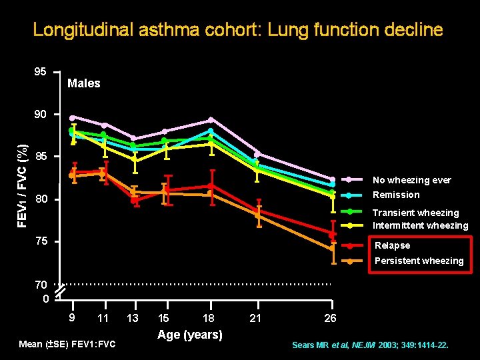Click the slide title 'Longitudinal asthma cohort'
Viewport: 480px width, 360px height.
pyautogui.click(x=238, y=30)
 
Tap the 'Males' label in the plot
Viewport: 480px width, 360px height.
pyautogui.click(x=84, y=83)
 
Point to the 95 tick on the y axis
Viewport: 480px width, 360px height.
pyautogui.click(x=41, y=71)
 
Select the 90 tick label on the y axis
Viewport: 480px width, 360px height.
pyautogui.click(x=41, y=114)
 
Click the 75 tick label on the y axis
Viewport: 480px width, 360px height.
pyautogui.click(x=41, y=241)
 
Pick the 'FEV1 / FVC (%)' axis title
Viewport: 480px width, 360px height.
pyautogui.click(x=23, y=185)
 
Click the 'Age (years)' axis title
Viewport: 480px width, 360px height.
pyautogui.click(x=190, y=335)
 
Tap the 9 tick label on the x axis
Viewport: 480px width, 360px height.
pyautogui.click(x=71, y=317)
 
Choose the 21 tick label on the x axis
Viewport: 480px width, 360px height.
pyautogui.click(x=255, y=319)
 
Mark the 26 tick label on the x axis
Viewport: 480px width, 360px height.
pyautogui.click(x=330, y=319)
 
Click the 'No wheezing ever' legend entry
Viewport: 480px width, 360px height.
pyautogui.click(x=411, y=180)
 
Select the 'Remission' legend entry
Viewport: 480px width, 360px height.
pyautogui.click(x=396, y=195)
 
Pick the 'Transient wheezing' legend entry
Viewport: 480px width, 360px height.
pyautogui.click(x=415, y=213)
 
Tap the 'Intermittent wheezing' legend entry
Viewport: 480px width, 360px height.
pyautogui.click(x=420, y=225)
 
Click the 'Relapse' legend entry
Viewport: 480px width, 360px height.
pyautogui.click(x=392, y=245)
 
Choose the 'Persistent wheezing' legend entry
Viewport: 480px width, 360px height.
pyautogui.click(x=419, y=261)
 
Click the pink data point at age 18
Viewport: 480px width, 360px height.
pyautogui.click(x=211, y=120)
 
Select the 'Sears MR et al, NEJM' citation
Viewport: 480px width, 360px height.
pyautogui.click(x=370, y=345)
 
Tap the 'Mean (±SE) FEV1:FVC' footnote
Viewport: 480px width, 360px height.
pyautogui.click(x=67, y=344)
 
